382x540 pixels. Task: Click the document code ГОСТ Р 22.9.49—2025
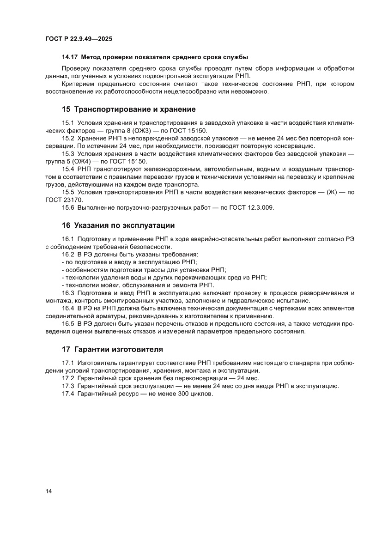(x=79, y=39)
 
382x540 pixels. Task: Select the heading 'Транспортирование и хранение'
(x=135, y=109)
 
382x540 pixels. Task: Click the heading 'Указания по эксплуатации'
(x=124, y=225)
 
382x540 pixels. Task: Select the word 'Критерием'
(x=78, y=84)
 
